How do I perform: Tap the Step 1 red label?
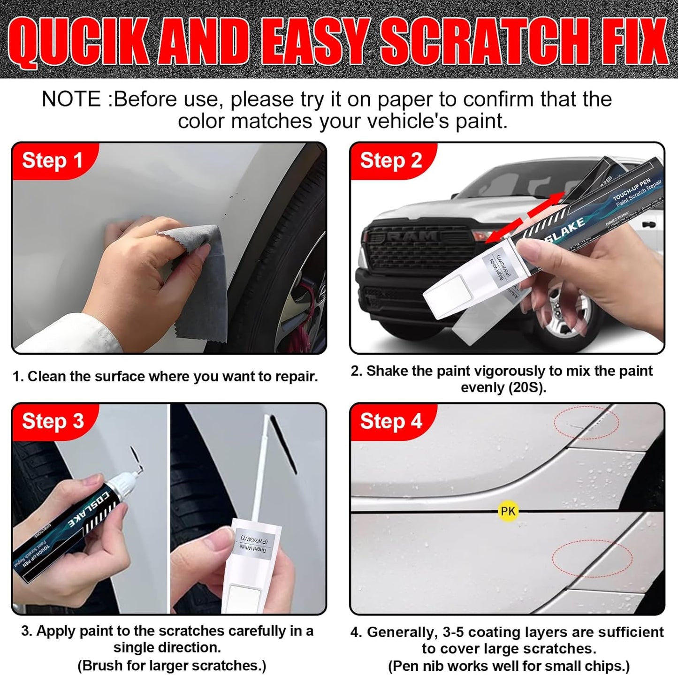[x=52, y=161]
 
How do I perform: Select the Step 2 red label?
[x=390, y=161]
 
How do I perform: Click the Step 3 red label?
[x=53, y=421]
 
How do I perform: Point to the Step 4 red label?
[x=390, y=421]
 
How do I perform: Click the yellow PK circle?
[x=508, y=511]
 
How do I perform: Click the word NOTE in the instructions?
[x=71, y=99]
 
